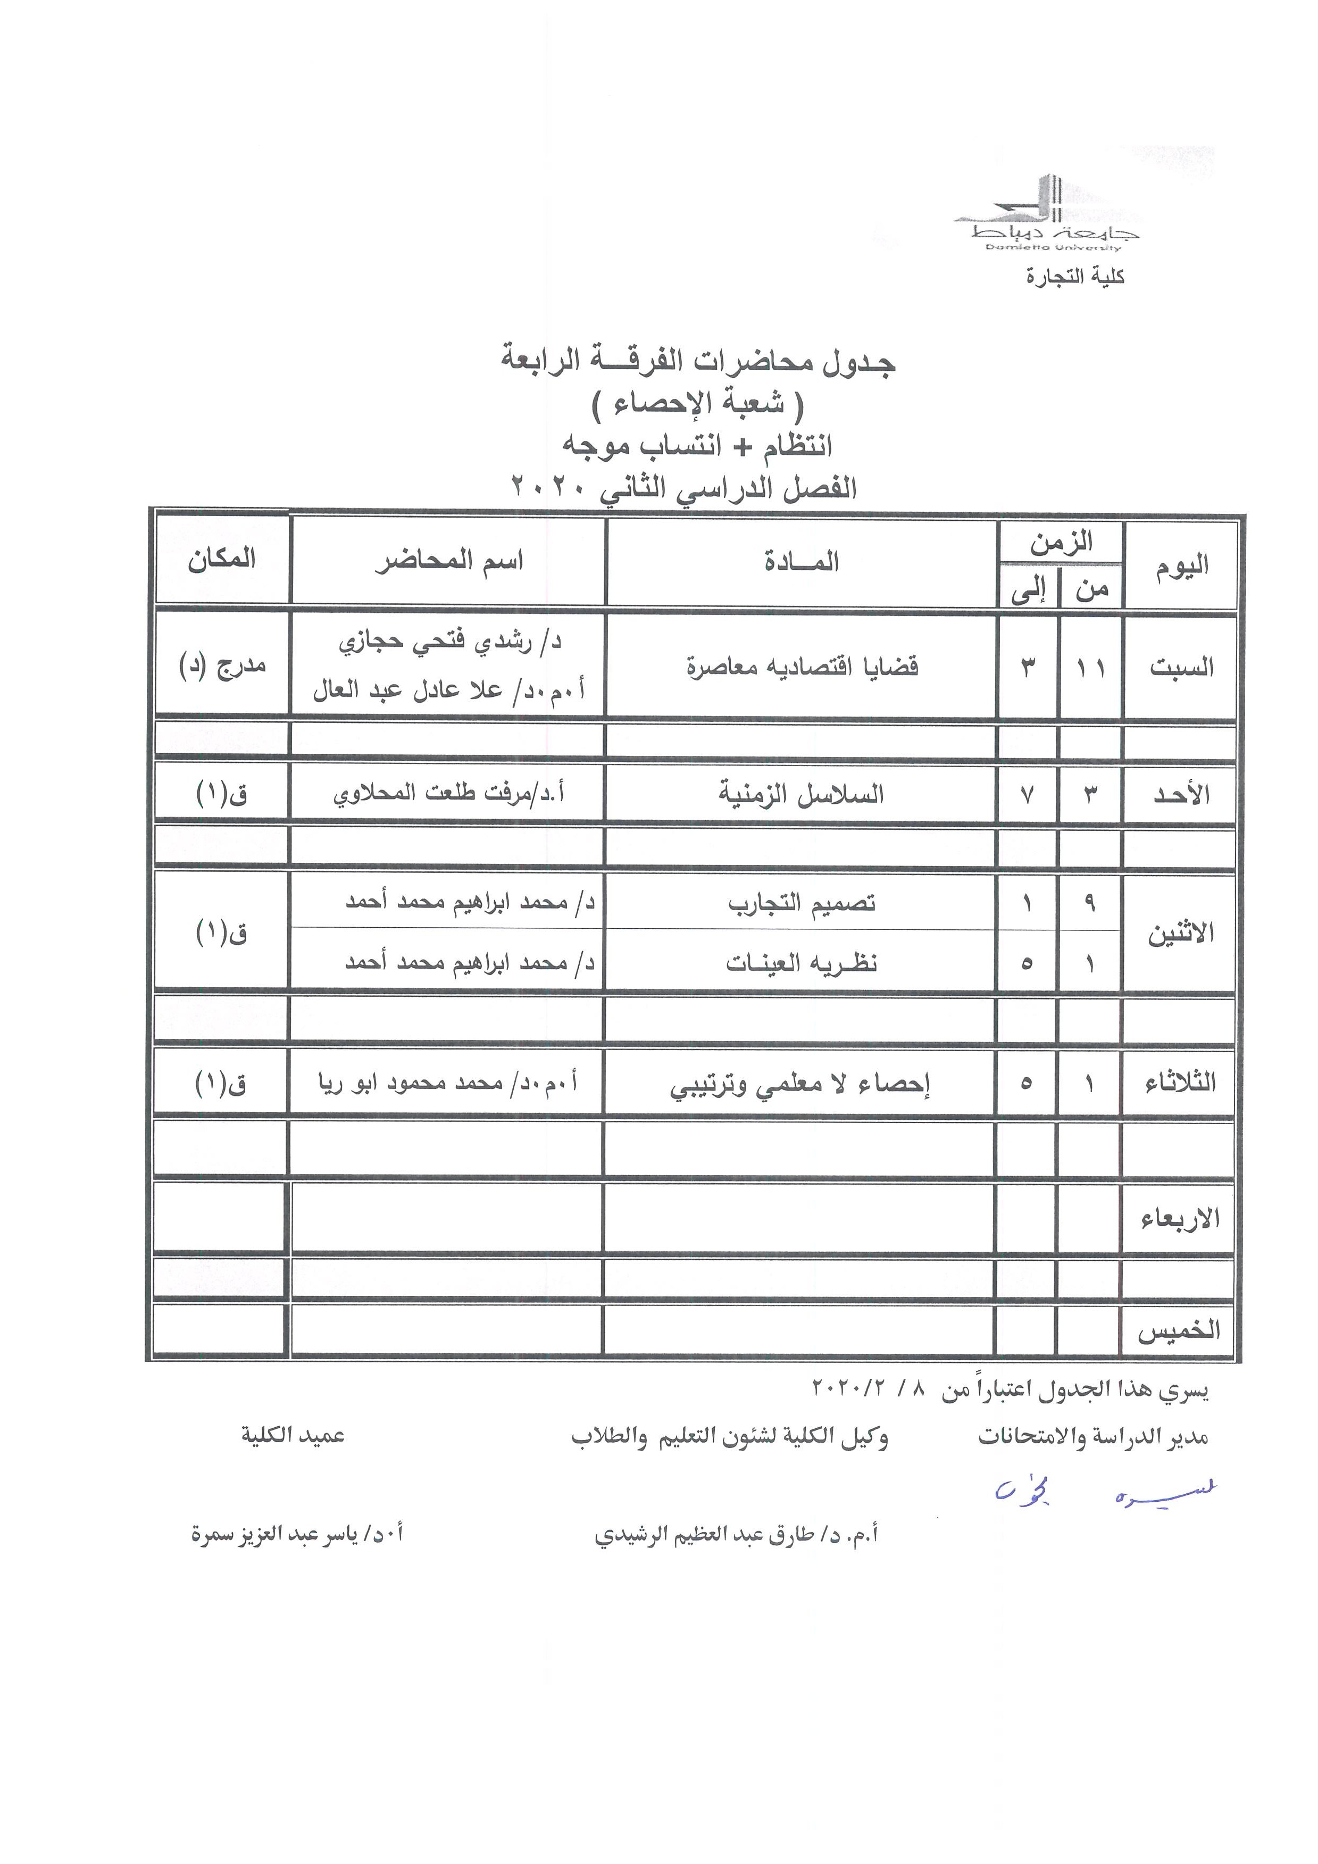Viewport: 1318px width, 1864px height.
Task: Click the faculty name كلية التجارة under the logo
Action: click(x=1074, y=278)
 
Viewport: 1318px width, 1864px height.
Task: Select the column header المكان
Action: click(x=222, y=560)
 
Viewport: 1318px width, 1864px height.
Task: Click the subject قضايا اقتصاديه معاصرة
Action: click(x=802, y=667)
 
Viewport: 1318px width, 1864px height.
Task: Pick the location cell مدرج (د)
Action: click(x=222, y=667)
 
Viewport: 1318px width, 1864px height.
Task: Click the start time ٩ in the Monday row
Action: click(x=1090, y=903)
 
